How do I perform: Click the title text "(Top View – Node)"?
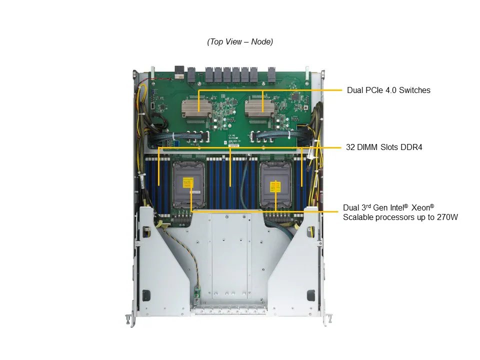[240, 42]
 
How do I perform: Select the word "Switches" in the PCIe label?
[414, 90]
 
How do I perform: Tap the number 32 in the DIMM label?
[350, 147]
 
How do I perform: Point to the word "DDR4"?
[411, 147]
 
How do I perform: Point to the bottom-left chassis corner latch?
[129, 319]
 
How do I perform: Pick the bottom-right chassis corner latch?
[328, 319]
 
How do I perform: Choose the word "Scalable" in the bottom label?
[358, 217]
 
